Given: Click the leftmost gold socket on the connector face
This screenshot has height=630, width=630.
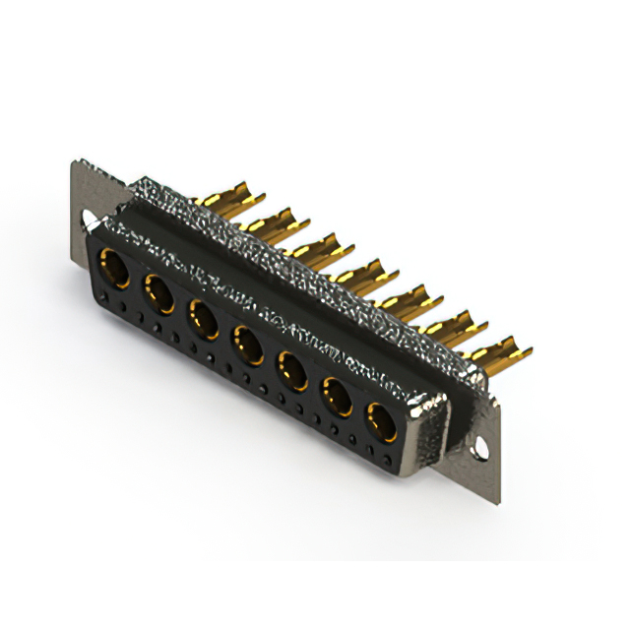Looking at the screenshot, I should tap(114, 268).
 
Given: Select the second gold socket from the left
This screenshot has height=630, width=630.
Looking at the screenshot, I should tap(157, 291).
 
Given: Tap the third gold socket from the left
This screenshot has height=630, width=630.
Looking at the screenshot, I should tap(203, 317).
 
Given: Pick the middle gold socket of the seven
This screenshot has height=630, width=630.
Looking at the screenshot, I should tap(246, 344).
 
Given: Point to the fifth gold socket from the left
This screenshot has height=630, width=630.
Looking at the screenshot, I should tap(291, 370).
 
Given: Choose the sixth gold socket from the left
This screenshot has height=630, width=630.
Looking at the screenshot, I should tap(336, 397).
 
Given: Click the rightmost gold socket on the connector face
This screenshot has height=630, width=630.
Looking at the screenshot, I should tap(379, 422).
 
